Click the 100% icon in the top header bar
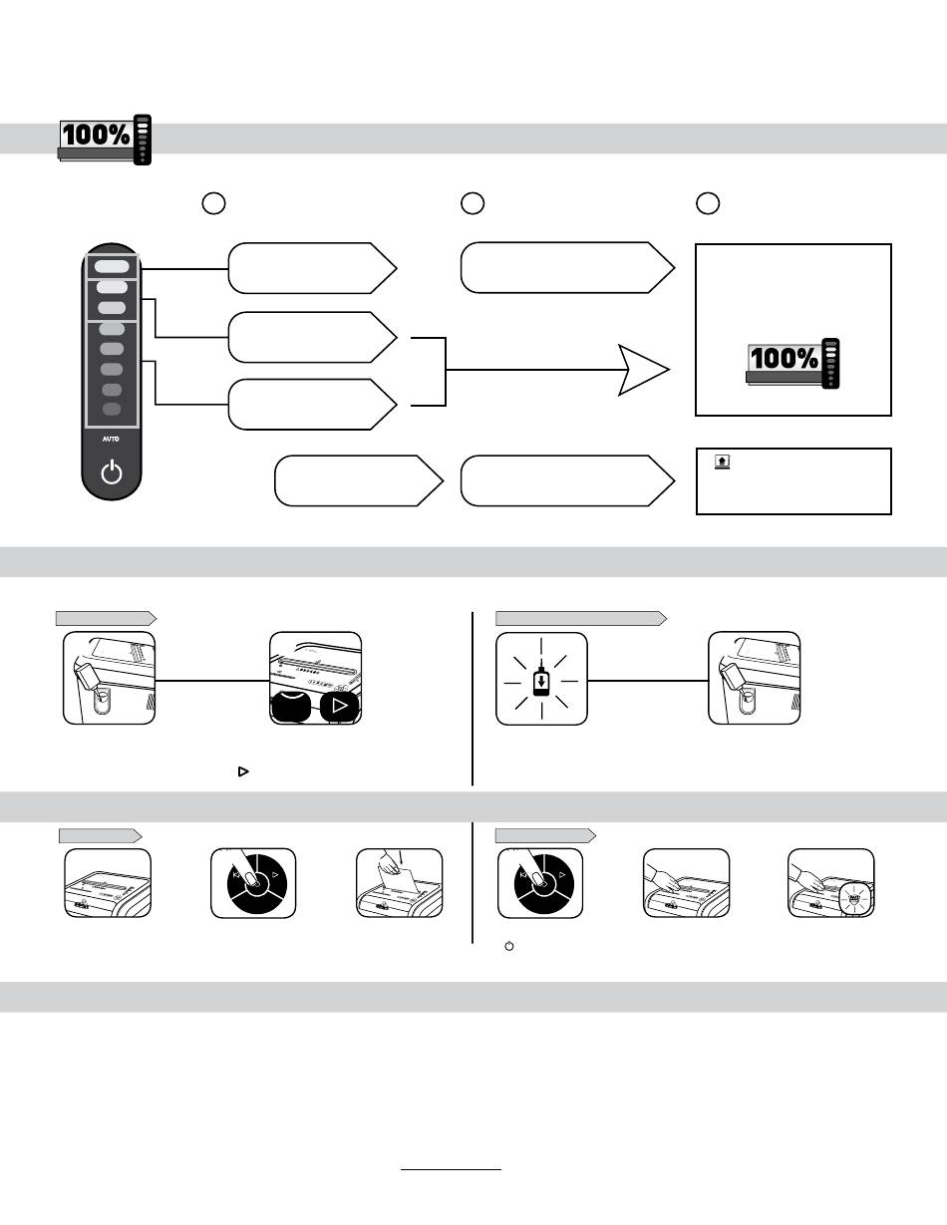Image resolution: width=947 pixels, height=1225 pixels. (x=105, y=140)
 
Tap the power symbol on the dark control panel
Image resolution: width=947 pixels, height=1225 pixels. (x=112, y=471)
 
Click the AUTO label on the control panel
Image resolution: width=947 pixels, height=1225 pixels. (x=111, y=439)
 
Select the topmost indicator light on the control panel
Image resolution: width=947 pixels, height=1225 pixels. (x=112, y=267)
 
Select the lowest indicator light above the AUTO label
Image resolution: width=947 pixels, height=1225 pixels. (x=112, y=410)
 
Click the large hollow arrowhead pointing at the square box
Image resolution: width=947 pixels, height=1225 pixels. (x=644, y=370)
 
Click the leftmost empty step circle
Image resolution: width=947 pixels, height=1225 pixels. (x=213, y=203)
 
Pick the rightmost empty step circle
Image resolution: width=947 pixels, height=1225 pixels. (x=708, y=203)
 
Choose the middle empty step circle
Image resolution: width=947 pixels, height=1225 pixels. (x=473, y=203)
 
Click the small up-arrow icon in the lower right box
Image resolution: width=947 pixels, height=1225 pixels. (x=722, y=461)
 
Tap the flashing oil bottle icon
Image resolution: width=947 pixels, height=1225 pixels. (x=541, y=678)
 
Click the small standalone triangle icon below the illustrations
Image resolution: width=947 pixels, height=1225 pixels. (x=243, y=771)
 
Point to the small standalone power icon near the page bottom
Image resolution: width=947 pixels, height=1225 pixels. (x=509, y=946)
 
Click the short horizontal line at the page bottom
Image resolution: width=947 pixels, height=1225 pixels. (x=451, y=1170)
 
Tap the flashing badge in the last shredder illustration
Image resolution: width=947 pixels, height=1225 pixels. (x=854, y=896)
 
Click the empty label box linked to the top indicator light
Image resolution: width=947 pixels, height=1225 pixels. (x=312, y=268)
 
